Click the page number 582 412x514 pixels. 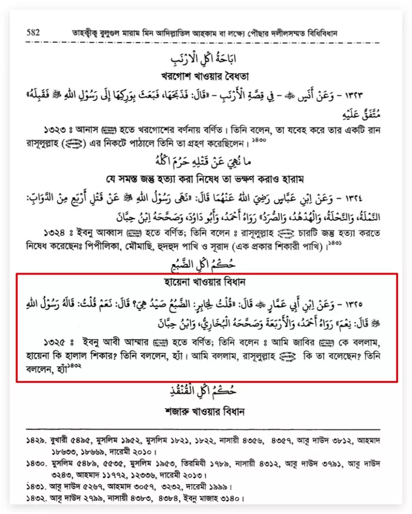[33, 32]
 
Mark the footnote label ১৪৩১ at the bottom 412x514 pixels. [36, 486]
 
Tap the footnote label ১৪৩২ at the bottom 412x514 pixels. [36, 499]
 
